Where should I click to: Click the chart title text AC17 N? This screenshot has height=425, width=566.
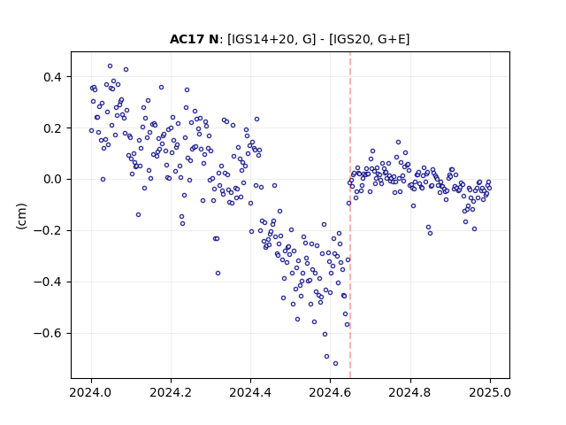[x=194, y=39]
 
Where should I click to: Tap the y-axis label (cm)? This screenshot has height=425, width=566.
[x=21, y=216]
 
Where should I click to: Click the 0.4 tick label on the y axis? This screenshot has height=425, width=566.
[x=52, y=77]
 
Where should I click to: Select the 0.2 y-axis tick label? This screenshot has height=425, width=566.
[x=52, y=128]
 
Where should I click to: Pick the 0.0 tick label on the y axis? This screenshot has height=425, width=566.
[x=52, y=180]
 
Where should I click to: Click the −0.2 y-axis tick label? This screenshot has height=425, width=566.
[x=48, y=231]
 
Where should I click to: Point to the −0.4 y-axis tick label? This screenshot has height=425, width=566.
[x=48, y=282]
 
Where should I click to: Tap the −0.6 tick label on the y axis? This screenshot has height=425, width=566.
[x=48, y=333]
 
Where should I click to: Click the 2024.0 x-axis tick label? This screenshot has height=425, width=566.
[x=91, y=392]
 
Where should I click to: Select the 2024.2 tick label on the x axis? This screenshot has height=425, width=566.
[x=171, y=392]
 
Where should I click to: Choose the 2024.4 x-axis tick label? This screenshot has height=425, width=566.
[x=250, y=392]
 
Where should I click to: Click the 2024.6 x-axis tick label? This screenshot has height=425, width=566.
[x=330, y=392]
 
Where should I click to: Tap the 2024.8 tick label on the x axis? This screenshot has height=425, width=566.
[x=410, y=392]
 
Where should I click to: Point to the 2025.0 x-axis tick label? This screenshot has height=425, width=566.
[x=490, y=392]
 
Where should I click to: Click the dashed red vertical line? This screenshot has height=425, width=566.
[x=350, y=215]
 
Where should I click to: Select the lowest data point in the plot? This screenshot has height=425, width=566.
[x=335, y=363]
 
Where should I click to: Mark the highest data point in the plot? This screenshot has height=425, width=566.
[x=110, y=66]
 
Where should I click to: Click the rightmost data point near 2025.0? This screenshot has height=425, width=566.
[x=489, y=188]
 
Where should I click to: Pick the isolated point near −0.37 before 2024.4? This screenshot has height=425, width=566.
[x=218, y=274]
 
